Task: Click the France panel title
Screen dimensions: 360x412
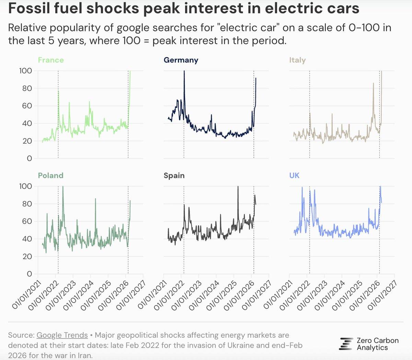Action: coord(51,60)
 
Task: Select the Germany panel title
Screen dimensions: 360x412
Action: coord(181,60)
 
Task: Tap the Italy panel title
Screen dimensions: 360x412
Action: coord(297,60)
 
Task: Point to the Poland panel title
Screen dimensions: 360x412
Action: coord(51,176)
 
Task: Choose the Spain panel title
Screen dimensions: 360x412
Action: coord(174,176)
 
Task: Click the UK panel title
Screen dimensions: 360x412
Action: coord(294,176)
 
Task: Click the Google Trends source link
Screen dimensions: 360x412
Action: coord(62,335)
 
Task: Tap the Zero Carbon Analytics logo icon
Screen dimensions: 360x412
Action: coord(346,344)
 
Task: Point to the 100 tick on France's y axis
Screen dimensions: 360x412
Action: coord(26,71)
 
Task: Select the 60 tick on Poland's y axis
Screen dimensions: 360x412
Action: coord(27,221)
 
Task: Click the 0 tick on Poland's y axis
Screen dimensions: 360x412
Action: coord(29,274)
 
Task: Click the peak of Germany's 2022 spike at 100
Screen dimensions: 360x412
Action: coord(184,71)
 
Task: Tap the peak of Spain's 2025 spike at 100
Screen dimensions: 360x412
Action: coord(238,187)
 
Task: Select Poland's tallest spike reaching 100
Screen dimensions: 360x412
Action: coord(63,187)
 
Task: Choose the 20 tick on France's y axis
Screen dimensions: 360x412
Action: coord(27,141)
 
